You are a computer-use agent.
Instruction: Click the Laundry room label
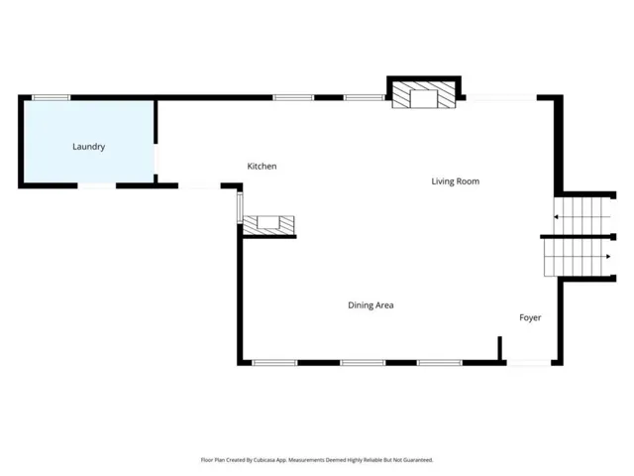point(88,147)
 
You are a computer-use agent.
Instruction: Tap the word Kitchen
point(262,166)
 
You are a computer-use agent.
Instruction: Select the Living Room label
point(456,181)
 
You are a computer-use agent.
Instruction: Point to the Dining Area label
point(370,305)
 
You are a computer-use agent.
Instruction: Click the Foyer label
point(530,317)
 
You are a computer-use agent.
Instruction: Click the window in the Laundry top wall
point(51,97)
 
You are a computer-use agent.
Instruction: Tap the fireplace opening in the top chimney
point(424,99)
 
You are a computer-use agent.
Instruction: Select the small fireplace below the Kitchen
point(268,225)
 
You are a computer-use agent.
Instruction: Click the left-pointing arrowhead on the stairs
point(556,217)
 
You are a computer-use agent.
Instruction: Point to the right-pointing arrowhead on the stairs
point(608,257)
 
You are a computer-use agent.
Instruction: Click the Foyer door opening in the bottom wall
point(529,363)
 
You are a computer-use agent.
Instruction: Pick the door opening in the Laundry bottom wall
point(97,185)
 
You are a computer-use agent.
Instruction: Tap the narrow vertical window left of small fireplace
point(240,207)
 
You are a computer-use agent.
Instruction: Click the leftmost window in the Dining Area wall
point(274,363)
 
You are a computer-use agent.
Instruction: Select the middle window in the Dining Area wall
point(363,363)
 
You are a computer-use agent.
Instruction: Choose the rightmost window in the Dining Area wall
point(440,363)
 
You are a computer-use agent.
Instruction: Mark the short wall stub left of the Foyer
point(499,348)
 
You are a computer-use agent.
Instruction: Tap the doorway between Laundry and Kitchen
point(156,159)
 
